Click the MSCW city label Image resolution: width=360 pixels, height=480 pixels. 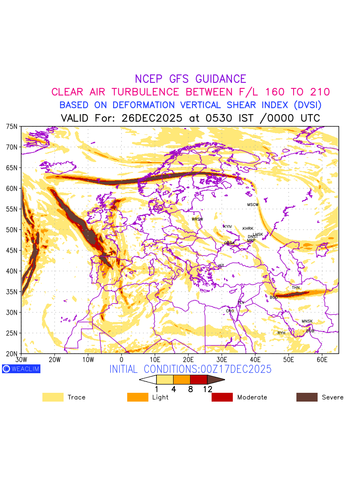coord(253,205)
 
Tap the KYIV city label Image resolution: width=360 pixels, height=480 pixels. coord(228,227)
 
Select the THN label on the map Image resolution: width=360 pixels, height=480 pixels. coord(296,288)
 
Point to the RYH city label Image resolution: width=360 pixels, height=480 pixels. coord(282,333)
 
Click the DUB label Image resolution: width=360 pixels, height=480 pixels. coord(310,331)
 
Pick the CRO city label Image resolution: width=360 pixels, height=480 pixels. coord(230,311)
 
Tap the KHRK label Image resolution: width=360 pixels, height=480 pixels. coord(248,229)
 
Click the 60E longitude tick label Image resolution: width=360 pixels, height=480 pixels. coord(322,360)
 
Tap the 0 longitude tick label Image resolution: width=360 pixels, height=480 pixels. coord(122,360)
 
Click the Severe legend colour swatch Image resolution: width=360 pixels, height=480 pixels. coord(307,397)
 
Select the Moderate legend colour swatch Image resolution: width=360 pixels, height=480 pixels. coord(222,397)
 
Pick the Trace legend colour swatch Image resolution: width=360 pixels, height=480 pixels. coord(53,397)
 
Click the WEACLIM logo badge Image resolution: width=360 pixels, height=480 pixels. coord(21,369)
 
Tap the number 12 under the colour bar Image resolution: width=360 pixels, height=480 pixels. coord(207,389)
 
